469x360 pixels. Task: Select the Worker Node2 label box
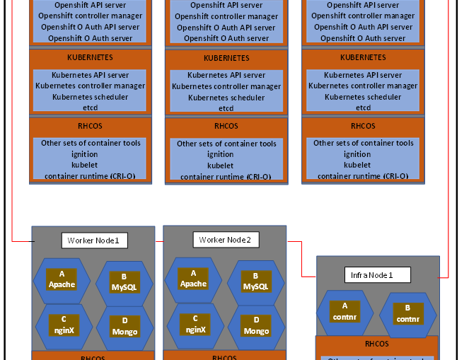click(x=225, y=240)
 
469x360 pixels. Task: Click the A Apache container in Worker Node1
click(x=62, y=279)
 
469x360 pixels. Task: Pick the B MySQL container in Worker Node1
click(x=124, y=283)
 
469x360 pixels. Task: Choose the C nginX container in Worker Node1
click(x=62, y=324)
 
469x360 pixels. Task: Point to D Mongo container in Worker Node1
click(x=124, y=327)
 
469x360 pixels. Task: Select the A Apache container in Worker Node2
click(x=193, y=278)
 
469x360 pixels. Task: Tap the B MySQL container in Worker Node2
click(x=256, y=282)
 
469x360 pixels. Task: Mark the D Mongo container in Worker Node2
click(x=256, y=326)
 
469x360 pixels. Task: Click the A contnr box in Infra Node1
click(x=344, y=312)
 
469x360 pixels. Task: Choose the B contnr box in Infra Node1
click(x=407, y=314)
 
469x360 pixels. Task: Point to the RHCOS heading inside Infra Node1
click(x=376, y=344)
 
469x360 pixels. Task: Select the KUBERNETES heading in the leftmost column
click(x=90, y=57)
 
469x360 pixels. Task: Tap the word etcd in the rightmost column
click(x=363, y=108)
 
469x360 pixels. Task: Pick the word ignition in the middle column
click(x=220, y=154)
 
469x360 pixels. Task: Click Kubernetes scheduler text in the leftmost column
click(x=89, y=97)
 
